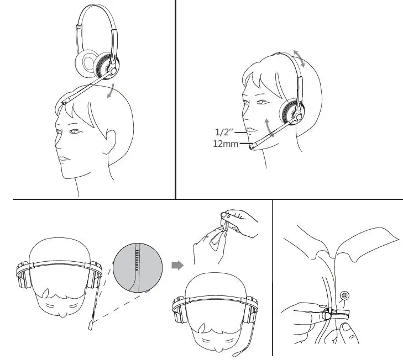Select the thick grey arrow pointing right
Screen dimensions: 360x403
click(x=177, y=266)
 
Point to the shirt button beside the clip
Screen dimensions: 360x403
click(x=345, y=296)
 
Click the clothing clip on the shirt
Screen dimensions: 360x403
click(x=337, y=315)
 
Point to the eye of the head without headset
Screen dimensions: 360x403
click(x=74, y=131)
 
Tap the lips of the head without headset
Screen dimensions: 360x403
click(x=64, y=158)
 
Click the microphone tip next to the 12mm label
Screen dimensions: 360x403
click(x=253, y=146)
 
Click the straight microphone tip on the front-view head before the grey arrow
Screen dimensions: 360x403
click(x=90, y=327)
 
